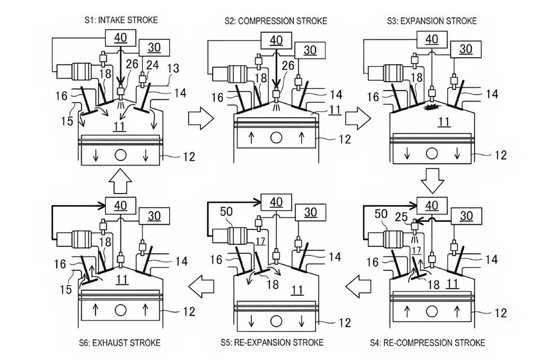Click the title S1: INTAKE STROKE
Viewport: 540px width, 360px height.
pos(121,20)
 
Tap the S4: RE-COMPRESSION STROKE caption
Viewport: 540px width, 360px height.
pos(428,343)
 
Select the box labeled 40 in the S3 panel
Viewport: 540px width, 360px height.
pos(432,39)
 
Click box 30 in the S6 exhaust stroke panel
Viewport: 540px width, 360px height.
pos(154,216)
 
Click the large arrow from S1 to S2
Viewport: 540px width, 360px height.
pos(201,118)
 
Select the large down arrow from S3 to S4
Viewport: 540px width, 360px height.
pos(433,180)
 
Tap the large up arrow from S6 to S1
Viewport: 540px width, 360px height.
pos(120,181)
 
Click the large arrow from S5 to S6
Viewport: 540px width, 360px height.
pos(201,286)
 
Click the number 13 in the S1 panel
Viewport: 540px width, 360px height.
pos(174,69)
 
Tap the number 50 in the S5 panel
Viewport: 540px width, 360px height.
pos(226,212)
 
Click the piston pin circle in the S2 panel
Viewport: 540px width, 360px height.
pos(276,138)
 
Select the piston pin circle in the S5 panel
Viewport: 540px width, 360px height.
pos(276,322)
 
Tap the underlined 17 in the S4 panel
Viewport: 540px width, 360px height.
pos(416,250)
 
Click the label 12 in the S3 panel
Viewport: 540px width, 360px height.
pos(501,155)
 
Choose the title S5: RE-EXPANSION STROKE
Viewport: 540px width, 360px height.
pos(272,343)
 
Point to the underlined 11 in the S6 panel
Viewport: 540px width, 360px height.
pos(122,280)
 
